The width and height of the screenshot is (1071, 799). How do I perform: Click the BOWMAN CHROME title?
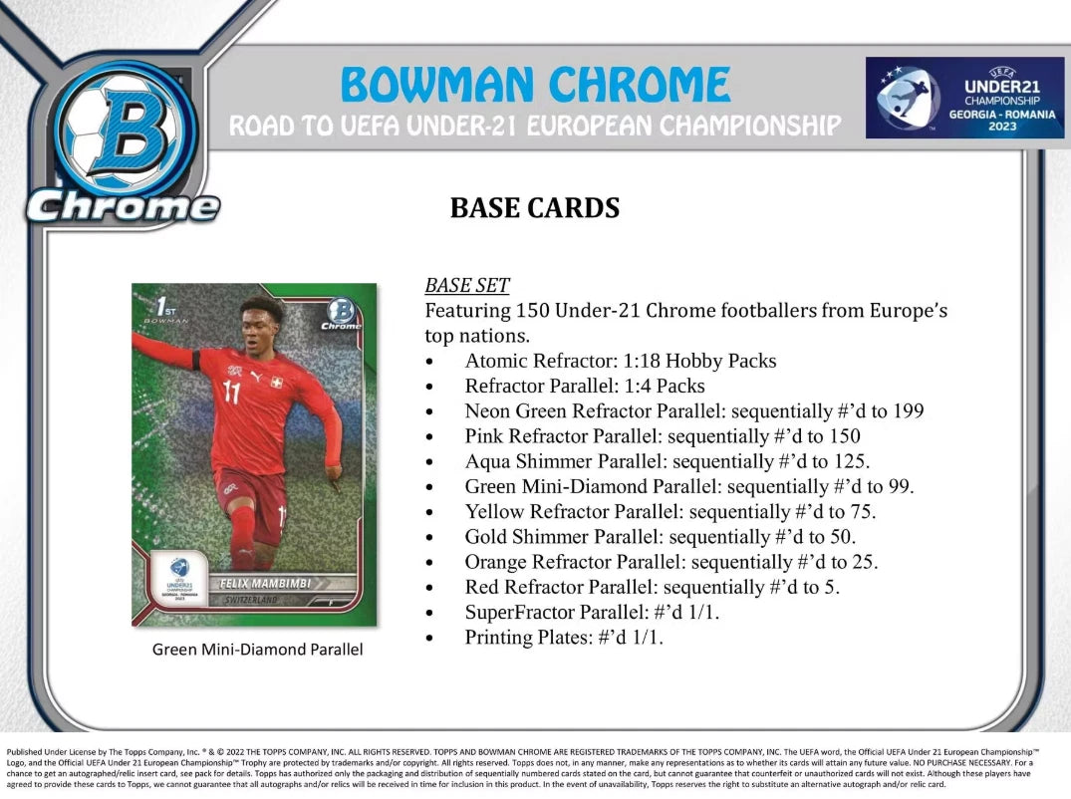pos(535,85)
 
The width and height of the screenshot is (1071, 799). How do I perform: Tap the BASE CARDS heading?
pos(535,208)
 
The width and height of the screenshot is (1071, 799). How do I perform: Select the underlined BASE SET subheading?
pos(467,285)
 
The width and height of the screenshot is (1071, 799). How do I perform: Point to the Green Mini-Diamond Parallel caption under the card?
pos(257,650)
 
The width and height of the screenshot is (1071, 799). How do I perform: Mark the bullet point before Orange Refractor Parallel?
pos(428,563)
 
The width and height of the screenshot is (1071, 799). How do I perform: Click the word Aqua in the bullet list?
pos(486,461)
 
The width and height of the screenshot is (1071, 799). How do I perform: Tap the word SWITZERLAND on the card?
pos(251,601)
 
